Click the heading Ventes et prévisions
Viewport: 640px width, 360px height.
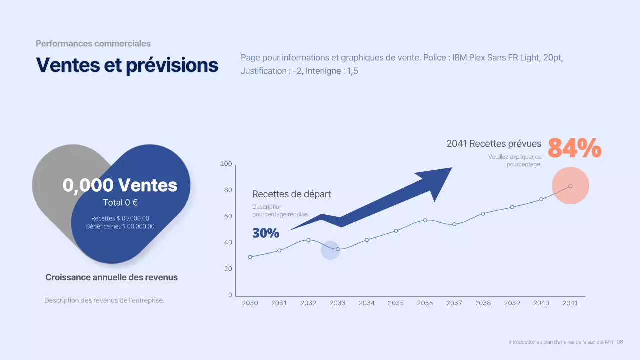127,65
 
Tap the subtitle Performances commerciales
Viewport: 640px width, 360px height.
93,44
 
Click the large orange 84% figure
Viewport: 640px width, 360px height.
574,148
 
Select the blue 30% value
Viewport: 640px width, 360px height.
265,233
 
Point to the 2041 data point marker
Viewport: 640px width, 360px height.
570,186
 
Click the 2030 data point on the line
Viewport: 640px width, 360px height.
250,257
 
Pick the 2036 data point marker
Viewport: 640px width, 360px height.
425,220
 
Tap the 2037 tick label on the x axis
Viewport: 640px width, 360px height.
454,303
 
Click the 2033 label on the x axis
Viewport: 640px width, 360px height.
337,303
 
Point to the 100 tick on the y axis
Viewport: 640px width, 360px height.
226,164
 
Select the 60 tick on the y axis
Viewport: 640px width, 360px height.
228,216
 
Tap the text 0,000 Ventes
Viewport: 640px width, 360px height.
120,185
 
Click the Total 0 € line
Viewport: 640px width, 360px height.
120,203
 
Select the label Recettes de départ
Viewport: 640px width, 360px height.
291,194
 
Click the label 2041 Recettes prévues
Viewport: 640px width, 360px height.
493,144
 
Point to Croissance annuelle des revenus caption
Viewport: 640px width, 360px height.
111,277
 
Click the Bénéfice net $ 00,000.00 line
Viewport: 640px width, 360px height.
120,226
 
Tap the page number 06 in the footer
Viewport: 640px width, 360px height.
620,342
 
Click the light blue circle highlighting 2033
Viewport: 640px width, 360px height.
330,250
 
